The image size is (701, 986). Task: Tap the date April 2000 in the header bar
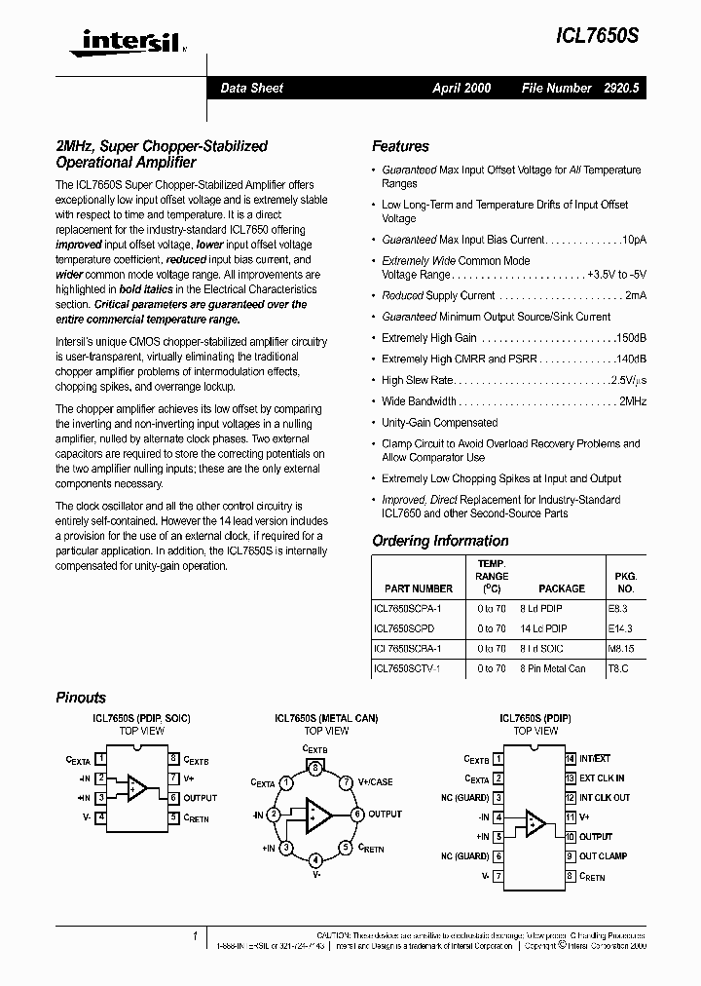[x=461, y=88]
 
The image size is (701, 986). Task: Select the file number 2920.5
[x=621, y=88]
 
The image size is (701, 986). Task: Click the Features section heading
[x=400, y=146]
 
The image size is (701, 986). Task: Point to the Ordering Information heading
[x=440, y=541]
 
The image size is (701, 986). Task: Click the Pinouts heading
[x=81, y=698]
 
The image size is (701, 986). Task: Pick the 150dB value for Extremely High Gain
[x=629, y=338]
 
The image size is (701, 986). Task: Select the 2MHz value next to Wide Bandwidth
[x=633, y=401]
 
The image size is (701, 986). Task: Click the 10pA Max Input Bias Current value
[x=634, y=240]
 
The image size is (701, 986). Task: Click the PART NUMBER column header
[x=418, y=588]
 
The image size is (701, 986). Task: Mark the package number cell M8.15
[x=620, y=649]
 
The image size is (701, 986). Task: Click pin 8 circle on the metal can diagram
[x=314, y=768]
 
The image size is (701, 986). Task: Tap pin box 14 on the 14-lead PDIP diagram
[x=571, y=758]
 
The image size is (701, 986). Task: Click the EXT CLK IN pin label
[x=602, y=778]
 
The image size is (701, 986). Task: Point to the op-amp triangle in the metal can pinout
[x=316, y=814]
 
